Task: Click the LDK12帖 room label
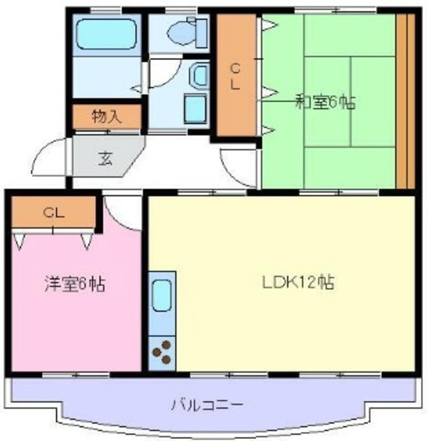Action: coord(298,283)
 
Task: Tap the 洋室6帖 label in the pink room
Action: coord(75,284)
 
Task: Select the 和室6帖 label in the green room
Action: coord(325,102)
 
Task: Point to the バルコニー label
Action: coord(207,405)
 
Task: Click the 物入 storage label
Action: coord(107,116)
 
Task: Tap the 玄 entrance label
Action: coord(105,159)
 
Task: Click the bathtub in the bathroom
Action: coord(107,34)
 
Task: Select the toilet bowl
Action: coord(181,32)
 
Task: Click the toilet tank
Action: coord(201,33)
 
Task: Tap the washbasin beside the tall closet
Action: coord(200,75)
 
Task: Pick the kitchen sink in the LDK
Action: coord(162,296)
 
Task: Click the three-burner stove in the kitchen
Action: coord(162,353)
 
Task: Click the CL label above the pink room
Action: coord(54,213)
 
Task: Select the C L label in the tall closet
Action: coord(236,76)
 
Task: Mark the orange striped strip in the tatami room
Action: coord(405,101)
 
